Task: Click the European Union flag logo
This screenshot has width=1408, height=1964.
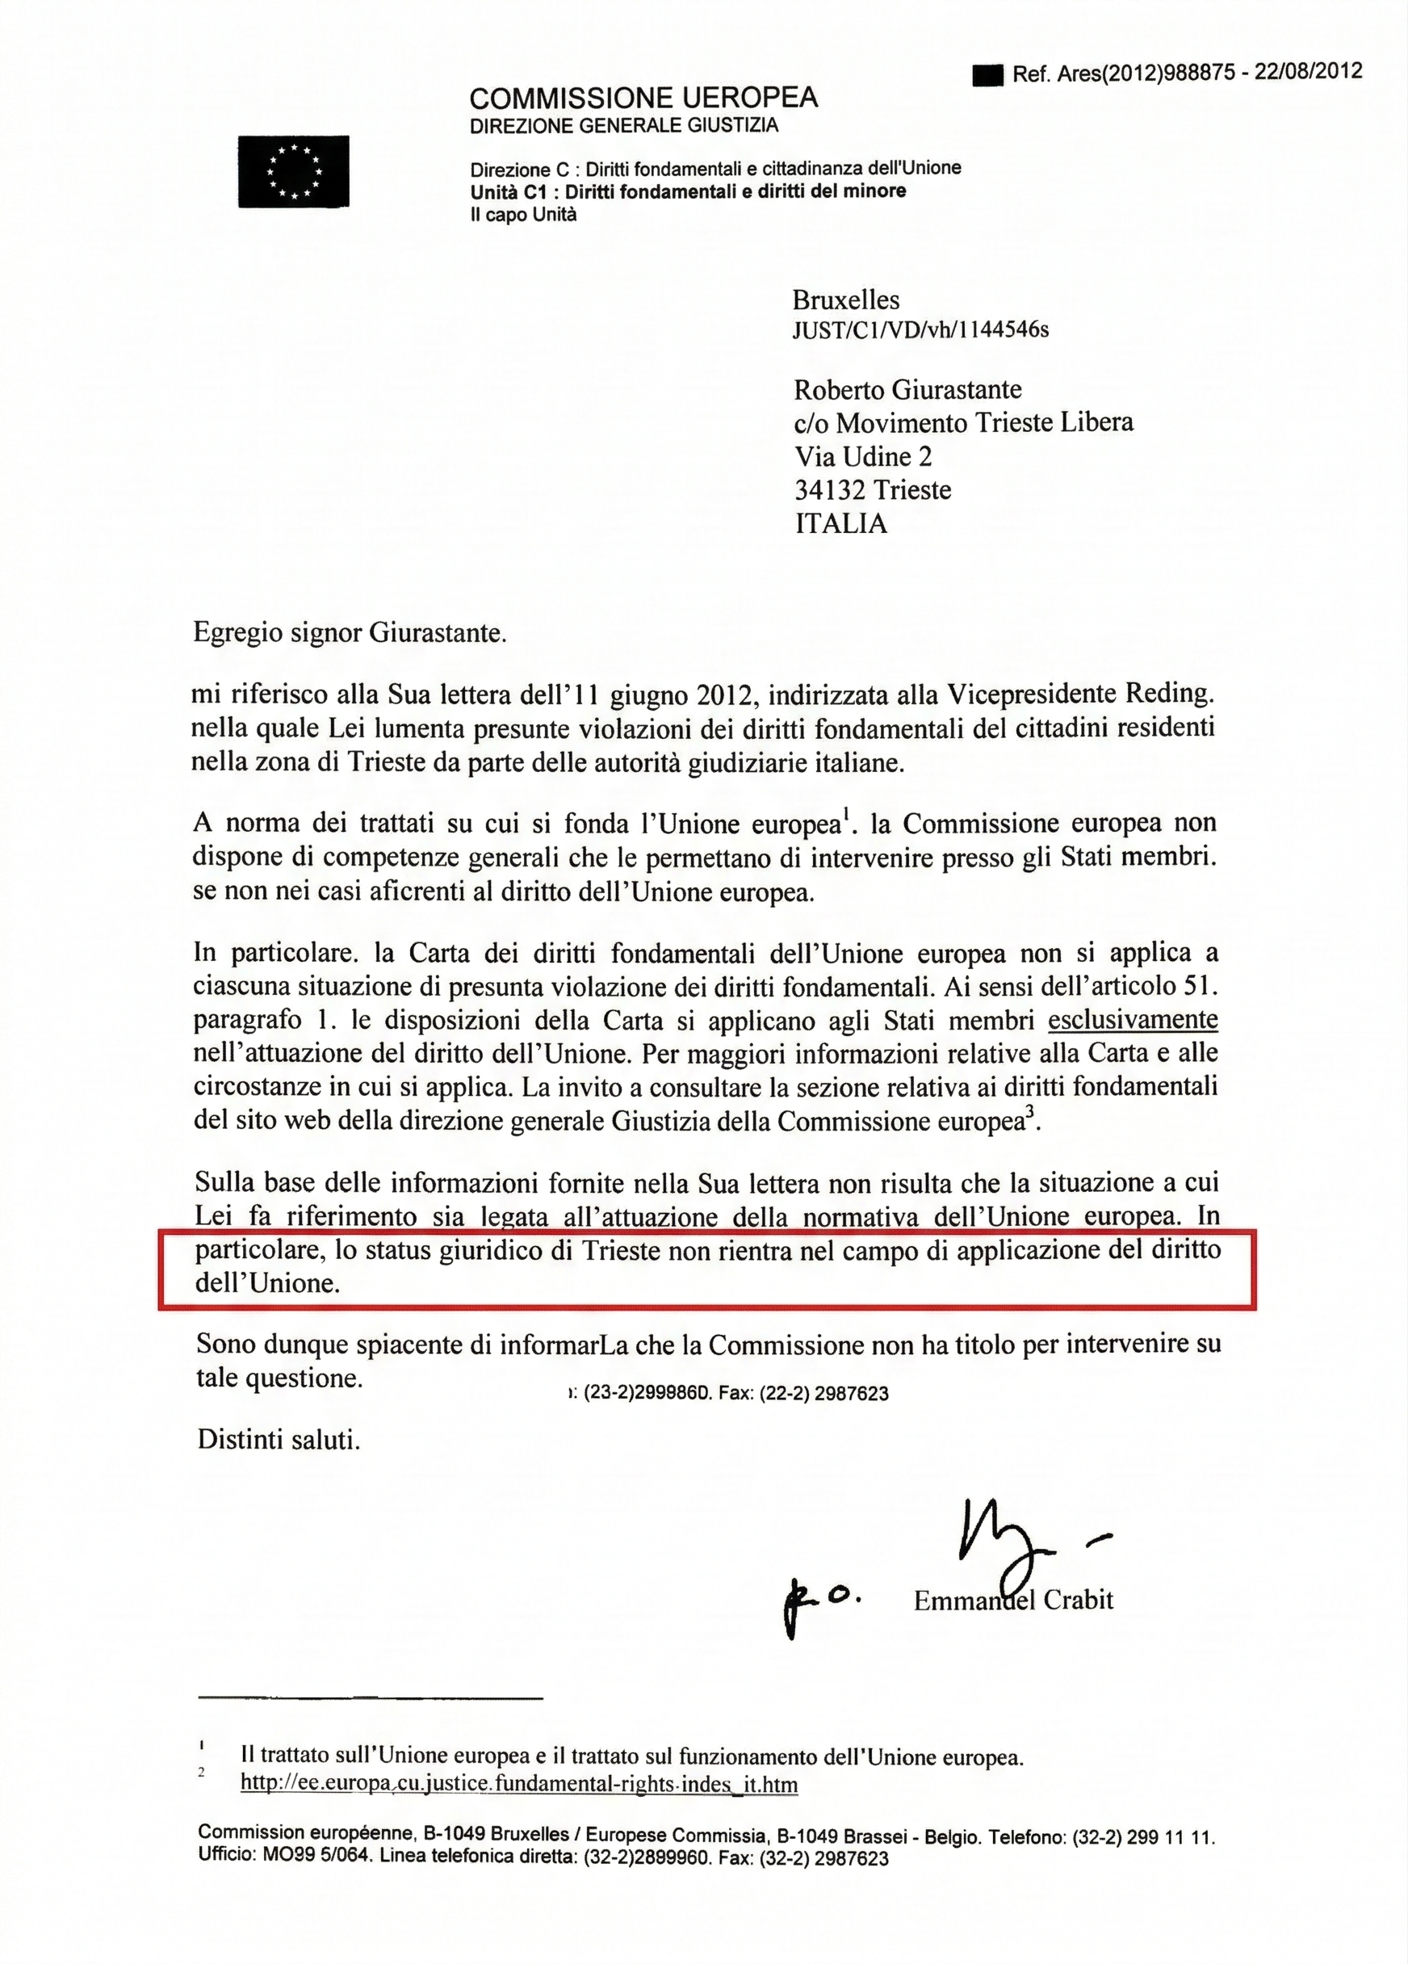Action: [x=294, y=171]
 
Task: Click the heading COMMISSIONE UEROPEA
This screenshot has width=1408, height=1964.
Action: [x=643, y=97]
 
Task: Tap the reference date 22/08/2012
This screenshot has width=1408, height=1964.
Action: [x=1307, y=72]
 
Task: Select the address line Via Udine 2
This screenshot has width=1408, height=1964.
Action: [x=862, y=456]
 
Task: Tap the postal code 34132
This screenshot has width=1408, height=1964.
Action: [x=830, y=490]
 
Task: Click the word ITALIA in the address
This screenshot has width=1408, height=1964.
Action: [x=840, y=524]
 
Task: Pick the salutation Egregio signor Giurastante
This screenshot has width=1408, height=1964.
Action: [x=349, y=633]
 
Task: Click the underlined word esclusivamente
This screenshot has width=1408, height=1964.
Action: [x=1133, y=1020]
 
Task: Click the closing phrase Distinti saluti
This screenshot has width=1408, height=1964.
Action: [x=278, y=1439]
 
